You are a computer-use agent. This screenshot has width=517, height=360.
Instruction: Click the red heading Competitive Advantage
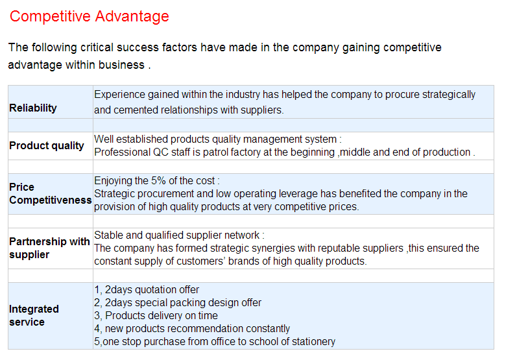pos(89,16)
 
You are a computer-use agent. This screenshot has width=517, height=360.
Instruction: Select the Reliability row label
pos(33,108)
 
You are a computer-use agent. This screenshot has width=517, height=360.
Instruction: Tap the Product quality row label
pos(47,146)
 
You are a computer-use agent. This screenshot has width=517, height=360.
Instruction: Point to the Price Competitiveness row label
pos(51,193)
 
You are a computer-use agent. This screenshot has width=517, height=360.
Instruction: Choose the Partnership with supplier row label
pos(49,248)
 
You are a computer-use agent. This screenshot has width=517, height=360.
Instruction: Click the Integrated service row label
pos(34,315)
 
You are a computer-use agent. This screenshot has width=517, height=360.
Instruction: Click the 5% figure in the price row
pos(158,181)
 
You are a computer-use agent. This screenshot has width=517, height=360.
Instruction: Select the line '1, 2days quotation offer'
pos(147,290)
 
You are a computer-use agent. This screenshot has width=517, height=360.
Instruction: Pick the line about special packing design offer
pos(178,303)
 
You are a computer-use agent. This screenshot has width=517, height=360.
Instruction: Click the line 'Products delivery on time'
pos(156,315)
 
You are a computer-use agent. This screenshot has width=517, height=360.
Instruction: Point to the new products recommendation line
pos(192,329)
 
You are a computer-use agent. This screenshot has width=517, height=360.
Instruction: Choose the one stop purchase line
pos(215,342)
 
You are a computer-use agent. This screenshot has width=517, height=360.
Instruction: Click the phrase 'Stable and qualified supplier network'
pos(177,235)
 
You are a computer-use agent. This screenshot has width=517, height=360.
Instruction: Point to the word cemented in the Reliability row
pos(134,110)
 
